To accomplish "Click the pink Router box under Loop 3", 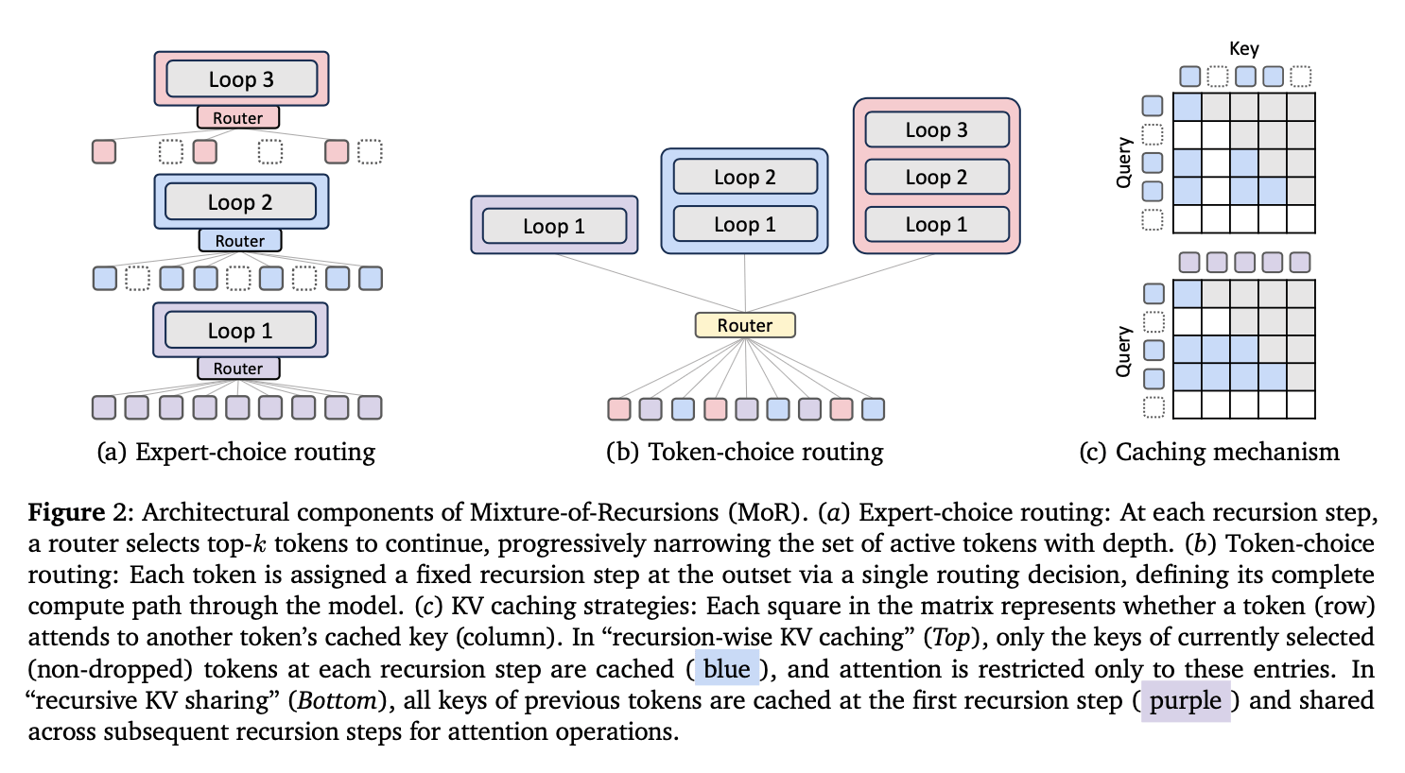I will pyautogui.click(x=237, y=118).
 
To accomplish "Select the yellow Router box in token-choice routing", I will pyautogui.click(x=745, y=325).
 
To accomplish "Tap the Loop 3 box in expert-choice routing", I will pyautogui.click(x=241, y=79).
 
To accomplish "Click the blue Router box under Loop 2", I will pyautogui.click(x=240, y=241).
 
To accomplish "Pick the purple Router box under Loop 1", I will pyautogui.click(x=238, y=369).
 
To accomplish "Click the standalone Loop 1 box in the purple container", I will pyautogui.click(x=554, y=226).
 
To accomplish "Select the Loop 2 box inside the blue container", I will pyautogui.click(x=745, y=177).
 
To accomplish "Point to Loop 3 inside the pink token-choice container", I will pyautogui.click(x=936, y=129).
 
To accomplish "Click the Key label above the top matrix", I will pyautogui.click(x=1243, y=49).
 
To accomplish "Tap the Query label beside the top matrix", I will pyautogui.click(x=1124, y=163).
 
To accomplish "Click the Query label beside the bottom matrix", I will pyautogui.click(x=1124, y=352).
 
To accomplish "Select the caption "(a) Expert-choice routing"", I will pyautogui.click(x=236, y=452).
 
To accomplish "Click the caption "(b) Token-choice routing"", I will pyautogui.click(x=745, y=452).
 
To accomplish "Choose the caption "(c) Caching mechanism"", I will pyautogui.click(x=1209, y=452).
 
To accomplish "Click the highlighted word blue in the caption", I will pyautogui.click(x=726, y=669).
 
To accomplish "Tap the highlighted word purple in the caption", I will pyautogui.click(x=1186, y=701).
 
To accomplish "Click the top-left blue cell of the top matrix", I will pyautogui.click(x=1188, y=107).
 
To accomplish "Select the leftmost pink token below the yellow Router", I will pyautogui.click(x=619, y=409).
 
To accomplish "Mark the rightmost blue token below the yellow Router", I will pyautogui.click(x=874, y=409).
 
